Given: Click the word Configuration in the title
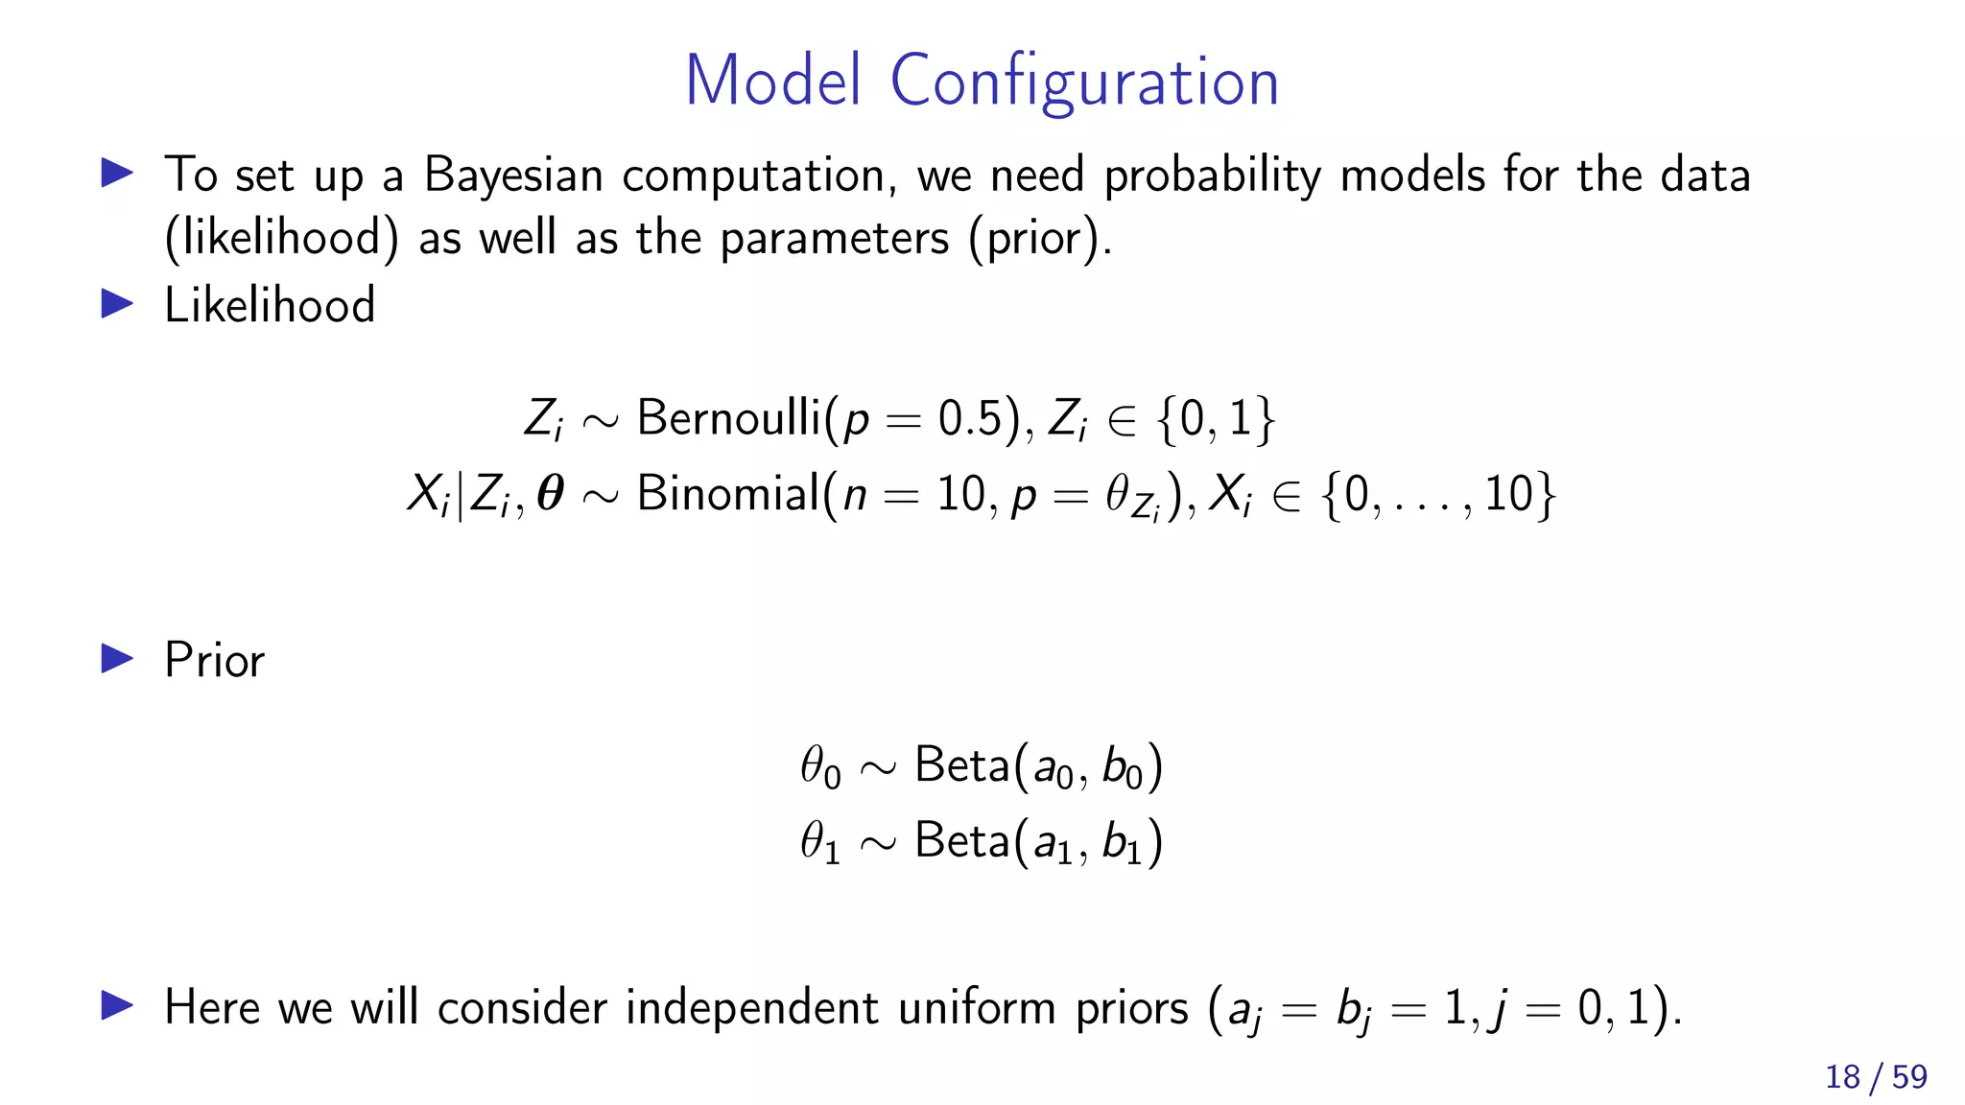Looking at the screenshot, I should tap(1084, 82).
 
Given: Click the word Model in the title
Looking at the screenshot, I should tap(772, 82).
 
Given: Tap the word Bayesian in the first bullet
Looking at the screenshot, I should tap(513, 176).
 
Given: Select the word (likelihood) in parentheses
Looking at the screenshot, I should tap(281, 238).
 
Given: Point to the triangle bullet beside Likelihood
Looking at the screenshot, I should tap(117, 304).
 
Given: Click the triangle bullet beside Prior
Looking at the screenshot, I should tap(117, 659).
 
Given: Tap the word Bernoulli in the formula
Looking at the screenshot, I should tap(729, 418).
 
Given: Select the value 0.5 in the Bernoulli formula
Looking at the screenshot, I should tap(970, 419).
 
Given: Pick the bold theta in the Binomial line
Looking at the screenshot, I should tap(550, 495).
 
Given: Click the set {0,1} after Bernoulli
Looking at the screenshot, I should tap(1216, 419).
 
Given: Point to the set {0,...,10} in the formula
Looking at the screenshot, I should tap(1437, 495).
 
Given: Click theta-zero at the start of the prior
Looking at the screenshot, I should tap(820, 768).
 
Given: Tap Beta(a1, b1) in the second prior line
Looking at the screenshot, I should tap(1038, 842).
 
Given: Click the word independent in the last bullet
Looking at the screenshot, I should tap(751, 1008).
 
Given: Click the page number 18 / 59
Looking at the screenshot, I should tap(1875, 1077).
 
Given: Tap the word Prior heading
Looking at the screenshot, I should tap(214, 661).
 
